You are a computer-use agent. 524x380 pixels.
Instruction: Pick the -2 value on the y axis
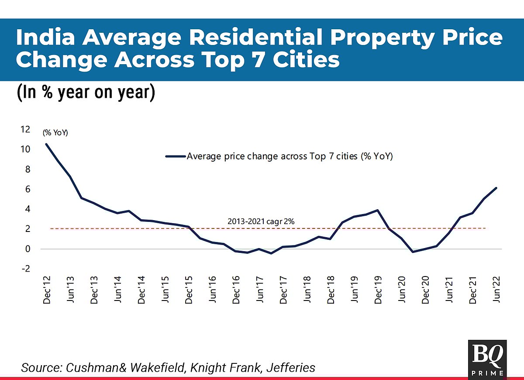pyautogui.click(x=26, y=269)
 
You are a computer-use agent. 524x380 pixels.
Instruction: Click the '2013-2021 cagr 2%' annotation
pyautogui.click(x=261, y=221)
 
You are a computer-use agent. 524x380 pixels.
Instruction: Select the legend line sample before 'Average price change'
pyautogui.click(x=176, y=156)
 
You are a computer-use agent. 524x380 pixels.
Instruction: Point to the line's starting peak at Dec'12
pyautogui.click(x=46, y=144)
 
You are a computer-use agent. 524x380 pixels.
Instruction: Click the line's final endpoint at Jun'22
pyautogui.click(x=496, y=188)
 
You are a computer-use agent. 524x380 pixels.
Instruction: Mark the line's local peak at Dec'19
pyautogui.click(x=377, y=210)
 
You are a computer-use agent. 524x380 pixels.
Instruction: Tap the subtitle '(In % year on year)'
pyautogui.click(x=86, y=93)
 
